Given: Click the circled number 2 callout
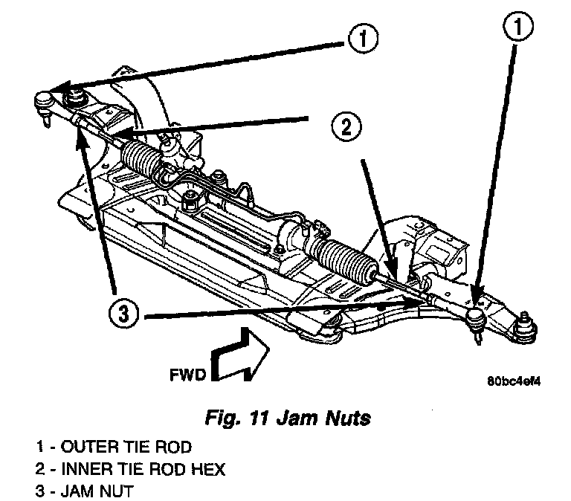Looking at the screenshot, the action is click(346, 127).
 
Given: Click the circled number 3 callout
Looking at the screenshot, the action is click(123, 314).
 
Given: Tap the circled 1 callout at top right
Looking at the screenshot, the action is click(517, 26).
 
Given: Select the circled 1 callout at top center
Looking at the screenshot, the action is click(364, 39).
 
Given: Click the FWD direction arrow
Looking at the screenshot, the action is click(240, 355).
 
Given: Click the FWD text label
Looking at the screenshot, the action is click(188, 375).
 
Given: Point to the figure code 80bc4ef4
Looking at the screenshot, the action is click(514, 381).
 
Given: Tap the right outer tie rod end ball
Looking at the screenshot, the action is click(477, 315).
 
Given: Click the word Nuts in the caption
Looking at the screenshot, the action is click(348, 418).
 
